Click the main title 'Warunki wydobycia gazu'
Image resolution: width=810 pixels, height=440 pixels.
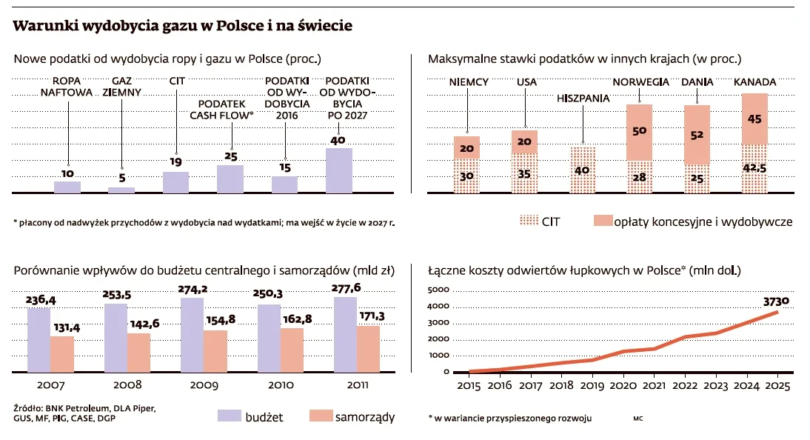tap(182, 26)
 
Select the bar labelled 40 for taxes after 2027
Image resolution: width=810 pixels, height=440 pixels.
tap(339, 170)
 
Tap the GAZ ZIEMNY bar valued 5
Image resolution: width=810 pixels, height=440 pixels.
tap(121, 190)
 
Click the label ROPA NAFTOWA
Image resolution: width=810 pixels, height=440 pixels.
tap(67, 87)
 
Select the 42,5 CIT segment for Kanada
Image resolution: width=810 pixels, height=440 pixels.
tap(754, 169)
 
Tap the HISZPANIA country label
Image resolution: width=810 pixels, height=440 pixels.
tap(583, 98)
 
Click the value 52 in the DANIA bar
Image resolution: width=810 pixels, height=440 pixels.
tap(697, 136)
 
